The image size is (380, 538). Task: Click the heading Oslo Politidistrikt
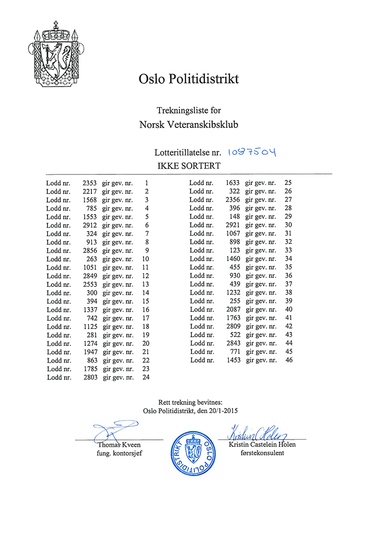(188, 79)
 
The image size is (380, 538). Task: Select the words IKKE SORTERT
(189, 166)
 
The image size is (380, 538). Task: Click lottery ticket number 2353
(89, 183)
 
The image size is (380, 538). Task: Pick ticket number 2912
(89, 225)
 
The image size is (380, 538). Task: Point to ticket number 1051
(89, 267)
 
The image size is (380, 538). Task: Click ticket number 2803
(89, 378)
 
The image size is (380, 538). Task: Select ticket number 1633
(233, 183)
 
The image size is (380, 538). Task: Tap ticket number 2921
(233, 225)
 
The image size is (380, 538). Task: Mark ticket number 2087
(233, 309)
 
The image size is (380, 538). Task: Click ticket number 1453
(233, 360)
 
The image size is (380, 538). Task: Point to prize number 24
(146, 378)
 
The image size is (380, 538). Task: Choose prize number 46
(289, 360)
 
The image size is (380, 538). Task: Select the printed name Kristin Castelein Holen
(261, 444)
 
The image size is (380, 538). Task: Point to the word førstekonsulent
(262, 453)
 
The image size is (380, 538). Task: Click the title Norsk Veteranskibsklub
(189, 125)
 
